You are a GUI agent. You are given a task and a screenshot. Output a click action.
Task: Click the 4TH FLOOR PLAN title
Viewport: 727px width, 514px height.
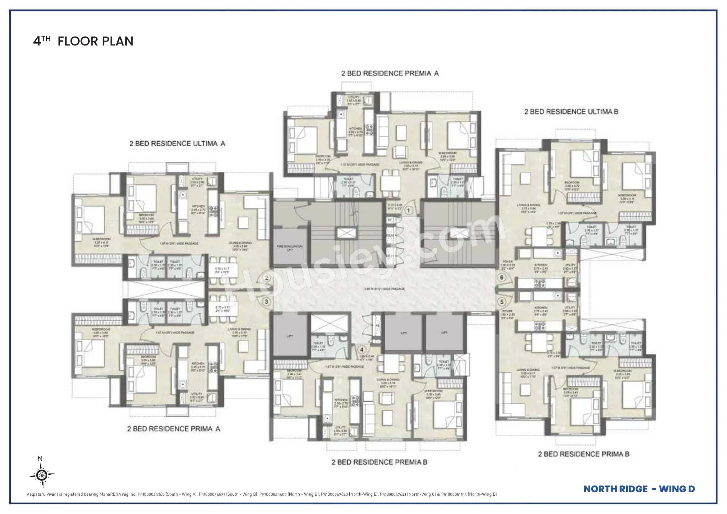coord(83,41)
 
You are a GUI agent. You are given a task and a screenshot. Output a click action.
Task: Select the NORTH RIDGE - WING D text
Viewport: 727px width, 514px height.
coord(639,489)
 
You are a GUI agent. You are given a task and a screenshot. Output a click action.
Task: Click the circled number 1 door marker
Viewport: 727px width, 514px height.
coord(408,210)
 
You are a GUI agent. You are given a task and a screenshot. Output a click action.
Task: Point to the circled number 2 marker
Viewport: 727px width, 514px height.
coord(267,278)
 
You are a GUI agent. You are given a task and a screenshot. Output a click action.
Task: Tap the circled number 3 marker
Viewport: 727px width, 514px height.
coord(266,302)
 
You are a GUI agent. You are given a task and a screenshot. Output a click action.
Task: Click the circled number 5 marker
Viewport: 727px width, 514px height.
coord(502,302)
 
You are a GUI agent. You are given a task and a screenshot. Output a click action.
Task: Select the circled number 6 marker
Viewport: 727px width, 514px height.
coord(502,278)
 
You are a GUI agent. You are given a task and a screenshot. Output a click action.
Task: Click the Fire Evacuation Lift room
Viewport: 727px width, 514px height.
coord(289,247)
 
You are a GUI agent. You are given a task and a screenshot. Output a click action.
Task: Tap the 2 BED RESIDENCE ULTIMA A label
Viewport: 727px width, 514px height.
coord(177,144)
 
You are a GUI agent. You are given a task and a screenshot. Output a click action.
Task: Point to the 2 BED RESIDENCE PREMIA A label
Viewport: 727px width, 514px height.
coord(390,73)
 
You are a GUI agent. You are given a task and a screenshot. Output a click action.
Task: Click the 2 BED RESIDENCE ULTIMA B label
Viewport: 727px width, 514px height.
coord(571,112)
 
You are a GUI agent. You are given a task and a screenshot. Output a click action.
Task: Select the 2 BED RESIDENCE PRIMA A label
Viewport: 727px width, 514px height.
coord(173,429)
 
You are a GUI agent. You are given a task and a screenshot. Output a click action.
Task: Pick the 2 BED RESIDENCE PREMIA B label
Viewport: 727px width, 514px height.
coord(379,462)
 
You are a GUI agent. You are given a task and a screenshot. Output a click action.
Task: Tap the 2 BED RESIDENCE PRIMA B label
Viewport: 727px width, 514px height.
coord(584,454)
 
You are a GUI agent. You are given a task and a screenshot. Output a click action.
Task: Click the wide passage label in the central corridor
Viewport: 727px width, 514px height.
coord(384,289)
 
